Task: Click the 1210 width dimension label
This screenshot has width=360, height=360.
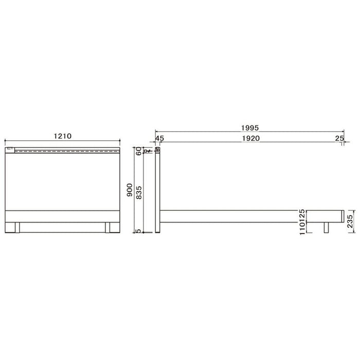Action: pyautogui.click(x=62, y=136)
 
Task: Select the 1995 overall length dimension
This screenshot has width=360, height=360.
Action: pyautogui.click(x=250, y=128)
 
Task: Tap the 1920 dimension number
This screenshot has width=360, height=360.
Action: pyautogui.click(x=251, y=138)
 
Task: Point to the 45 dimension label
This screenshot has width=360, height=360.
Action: pyautogui.click(x=159, y=138)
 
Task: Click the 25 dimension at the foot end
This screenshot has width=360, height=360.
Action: pyautogui.click(x=339, y=138)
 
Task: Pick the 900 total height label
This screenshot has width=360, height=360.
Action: pyautogui.click(x=130, y=190)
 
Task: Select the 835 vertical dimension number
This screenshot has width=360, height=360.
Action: pyautogui.click(x=139, y=192)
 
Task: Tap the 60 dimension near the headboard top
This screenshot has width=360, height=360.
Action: pyautogui.click(x=139, y=151)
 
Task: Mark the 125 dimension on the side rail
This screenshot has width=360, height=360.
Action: pyautogui.click(x=302, y=215)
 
